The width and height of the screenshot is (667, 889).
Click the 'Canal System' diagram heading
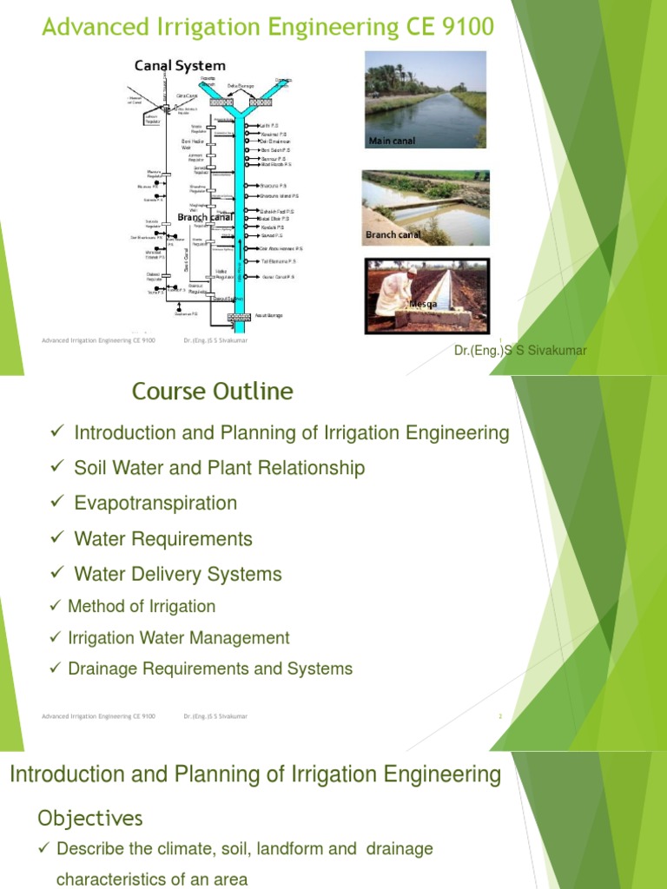point(179,65)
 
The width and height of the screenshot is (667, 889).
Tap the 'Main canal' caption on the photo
point(392,141)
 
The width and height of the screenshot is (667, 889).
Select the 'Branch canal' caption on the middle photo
point(393,234)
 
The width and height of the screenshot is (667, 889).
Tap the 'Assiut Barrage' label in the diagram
point(268,315)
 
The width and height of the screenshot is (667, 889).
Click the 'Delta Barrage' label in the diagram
point(241,86)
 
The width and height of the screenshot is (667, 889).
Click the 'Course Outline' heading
point(213,392)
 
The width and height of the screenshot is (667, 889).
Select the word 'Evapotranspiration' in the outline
point(155,504)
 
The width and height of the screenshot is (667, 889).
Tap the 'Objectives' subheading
point(90,818)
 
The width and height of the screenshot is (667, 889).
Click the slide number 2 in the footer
point(501,716)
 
